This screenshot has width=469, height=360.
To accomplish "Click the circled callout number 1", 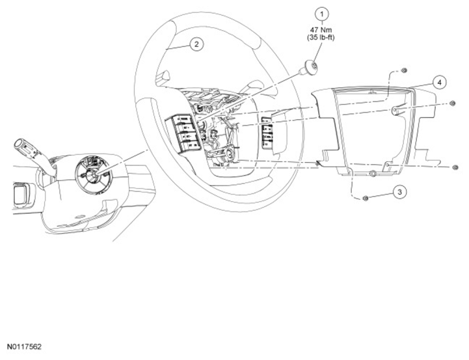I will (x=320, y=13).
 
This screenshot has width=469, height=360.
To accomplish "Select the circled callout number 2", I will (x=195, y=44).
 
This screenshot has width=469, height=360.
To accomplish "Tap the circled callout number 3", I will (x=400, y=191).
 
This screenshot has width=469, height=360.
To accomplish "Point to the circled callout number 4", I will (x=440, y=83).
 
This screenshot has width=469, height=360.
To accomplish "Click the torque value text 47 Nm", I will (x=320, y=29).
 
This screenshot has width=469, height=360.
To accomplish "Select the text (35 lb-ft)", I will (x=320, y=38).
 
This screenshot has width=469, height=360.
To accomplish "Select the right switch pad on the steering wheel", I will (x=267, y=133).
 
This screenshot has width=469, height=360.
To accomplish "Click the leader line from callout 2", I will (x=178, y=48).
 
